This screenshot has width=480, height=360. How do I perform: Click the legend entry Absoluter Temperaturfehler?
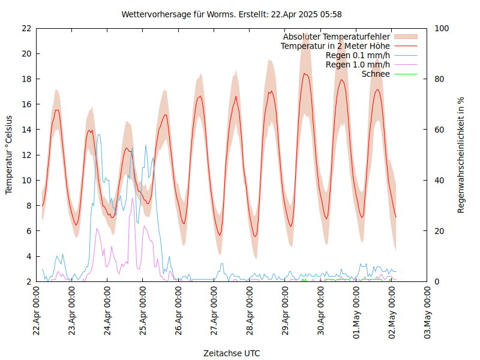click(337, 37)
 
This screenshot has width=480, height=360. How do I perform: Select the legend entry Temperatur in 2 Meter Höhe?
click(335, 46)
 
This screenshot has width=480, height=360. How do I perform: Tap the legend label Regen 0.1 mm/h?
click(358, 55)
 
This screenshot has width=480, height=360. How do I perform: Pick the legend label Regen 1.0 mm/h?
click(358, 64)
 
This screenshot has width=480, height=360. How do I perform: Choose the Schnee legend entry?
click(376, 74)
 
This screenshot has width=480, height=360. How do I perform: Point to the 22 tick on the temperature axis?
click(26, 28)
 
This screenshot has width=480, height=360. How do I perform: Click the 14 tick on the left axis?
click(26, 130)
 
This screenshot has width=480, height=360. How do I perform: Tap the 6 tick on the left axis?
click(28, 231)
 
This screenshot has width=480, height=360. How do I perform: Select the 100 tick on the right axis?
click(442, 28)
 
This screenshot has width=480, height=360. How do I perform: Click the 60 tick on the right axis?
click(439, 130)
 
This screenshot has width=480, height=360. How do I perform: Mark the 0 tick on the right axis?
click(437, 281)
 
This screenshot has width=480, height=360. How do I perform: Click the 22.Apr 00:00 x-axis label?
click(37, 311)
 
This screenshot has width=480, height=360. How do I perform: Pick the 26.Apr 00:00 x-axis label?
click(179, 311)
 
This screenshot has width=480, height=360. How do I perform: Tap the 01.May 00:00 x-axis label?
click(356, 311)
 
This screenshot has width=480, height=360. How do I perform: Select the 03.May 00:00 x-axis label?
click(427, 311)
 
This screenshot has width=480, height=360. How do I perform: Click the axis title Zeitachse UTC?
click(232, 353)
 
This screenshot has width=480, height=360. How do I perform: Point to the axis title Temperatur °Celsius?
click(9, 155)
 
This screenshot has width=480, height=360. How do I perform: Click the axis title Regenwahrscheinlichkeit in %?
click(461, 155)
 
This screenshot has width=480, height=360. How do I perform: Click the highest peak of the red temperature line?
click(305, 73)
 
